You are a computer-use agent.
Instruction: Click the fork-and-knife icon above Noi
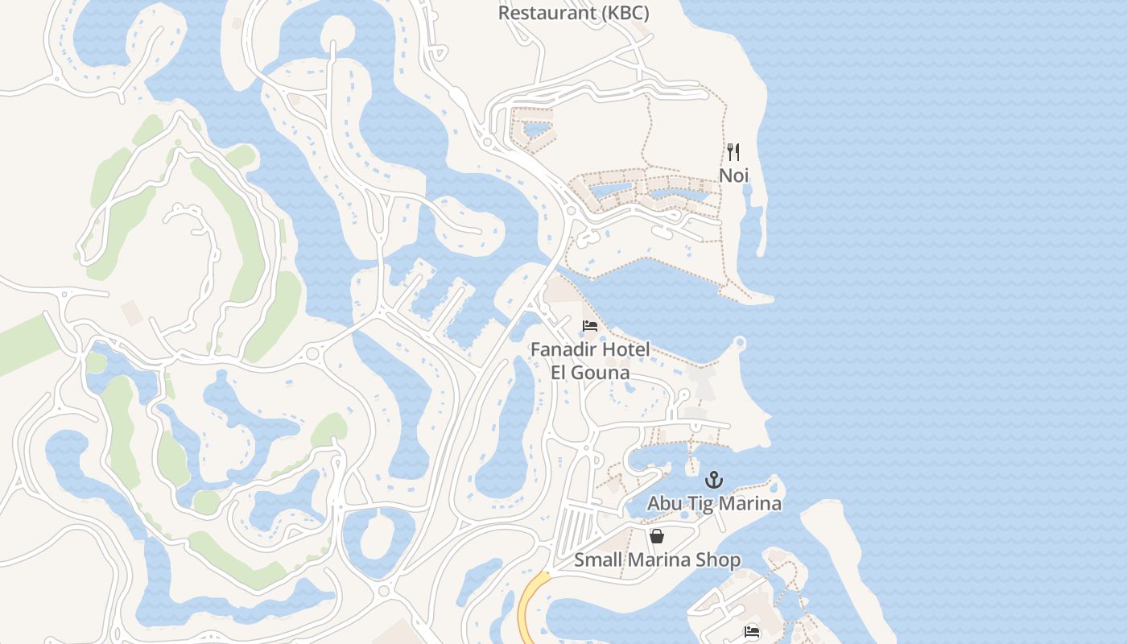[x=733, y=151]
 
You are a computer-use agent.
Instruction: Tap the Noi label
[x=733, y=175]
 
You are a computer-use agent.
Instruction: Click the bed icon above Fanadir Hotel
[x=590, y=326]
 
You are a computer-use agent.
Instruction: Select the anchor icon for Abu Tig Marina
[x=713, y=481]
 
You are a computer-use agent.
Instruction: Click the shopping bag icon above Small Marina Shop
[x=657, y=536]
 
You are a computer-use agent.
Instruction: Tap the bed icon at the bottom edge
[x=752, y=633]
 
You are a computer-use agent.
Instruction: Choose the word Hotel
[x=625, y=350]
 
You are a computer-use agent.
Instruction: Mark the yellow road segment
[x=529, y=608]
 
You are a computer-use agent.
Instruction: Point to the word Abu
[x=665, y=504]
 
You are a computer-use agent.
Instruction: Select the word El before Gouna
[x=560, y=373]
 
